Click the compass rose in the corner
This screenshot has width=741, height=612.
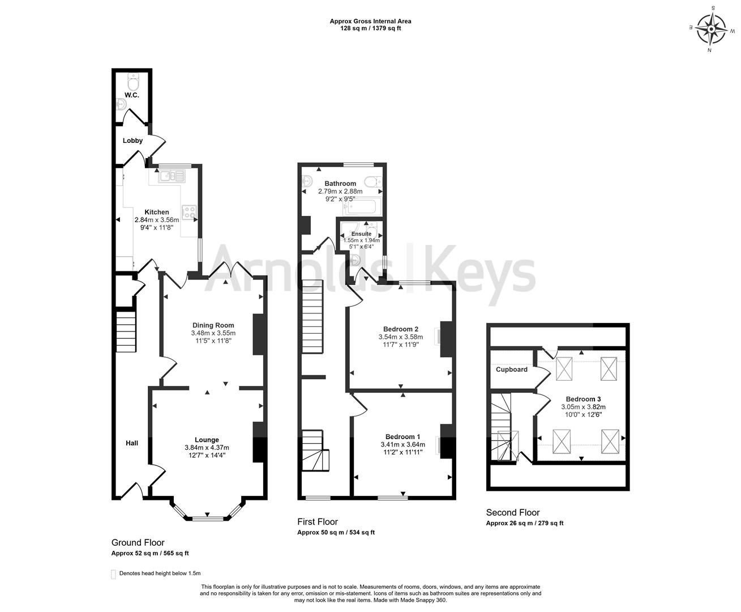pos(711,28)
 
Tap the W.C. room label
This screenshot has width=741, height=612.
pos(132,95)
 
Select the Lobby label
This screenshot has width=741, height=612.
pos(133,141)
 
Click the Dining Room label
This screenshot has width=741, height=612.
pos(213,325)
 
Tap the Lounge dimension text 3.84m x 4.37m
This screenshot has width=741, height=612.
pos(207,448)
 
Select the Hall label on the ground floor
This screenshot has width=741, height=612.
pos(131,443)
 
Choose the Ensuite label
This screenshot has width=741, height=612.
pos(361,233)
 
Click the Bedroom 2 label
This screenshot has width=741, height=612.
pos(400,329)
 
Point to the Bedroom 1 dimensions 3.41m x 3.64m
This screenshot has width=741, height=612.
pos(402,445)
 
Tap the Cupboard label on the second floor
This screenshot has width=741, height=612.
pos(511,369)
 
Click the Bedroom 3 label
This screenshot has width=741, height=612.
pos(583,399)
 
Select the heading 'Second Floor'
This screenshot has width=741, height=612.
pos(513,512)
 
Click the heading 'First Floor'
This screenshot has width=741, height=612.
pos(318,521)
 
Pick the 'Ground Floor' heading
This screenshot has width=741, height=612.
pos(138,542)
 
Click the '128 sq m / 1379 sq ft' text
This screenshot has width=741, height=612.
pos(370,28)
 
